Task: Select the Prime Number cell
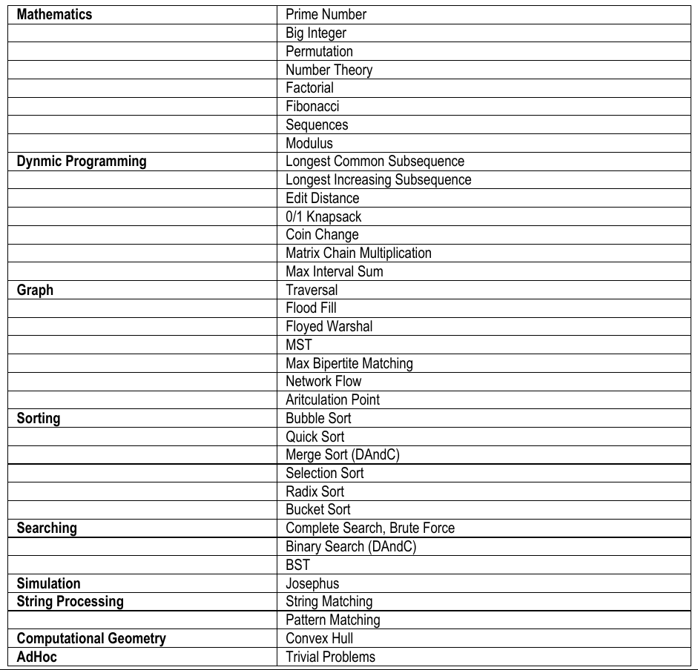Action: click(x=326, y=14)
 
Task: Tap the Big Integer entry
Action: click(x=316, y=33)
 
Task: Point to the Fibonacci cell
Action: click(x=312, y=106)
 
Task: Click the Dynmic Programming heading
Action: click(x=82, y=161)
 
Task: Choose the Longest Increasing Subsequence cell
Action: click(x=378, y=179)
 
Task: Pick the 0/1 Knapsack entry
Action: click(x=323, y=216)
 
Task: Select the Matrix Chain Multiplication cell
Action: click(x=358, y=253)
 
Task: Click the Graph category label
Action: click(x=35, y=290)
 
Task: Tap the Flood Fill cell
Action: click(x=312, y=308)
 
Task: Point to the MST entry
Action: click(x=299, y=345)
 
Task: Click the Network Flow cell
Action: click(x=323, y=381)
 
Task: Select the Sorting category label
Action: click(x=39, y=418)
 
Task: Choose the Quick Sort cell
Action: click(x=315, y=437)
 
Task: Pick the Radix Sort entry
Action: click(x=315, y=491)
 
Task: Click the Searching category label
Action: click(x=47, y=528)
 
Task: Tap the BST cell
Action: click(x=298, y=565)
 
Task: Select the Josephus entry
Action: click(x=312, y=583)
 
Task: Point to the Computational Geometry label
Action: click(x=91, y=638)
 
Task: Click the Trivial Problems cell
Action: click(x=331, y=657)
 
